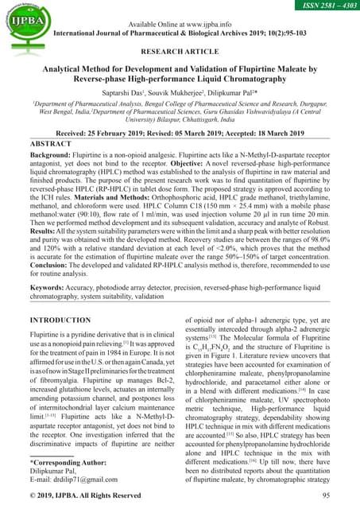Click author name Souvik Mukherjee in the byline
[x=171, y=94]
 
